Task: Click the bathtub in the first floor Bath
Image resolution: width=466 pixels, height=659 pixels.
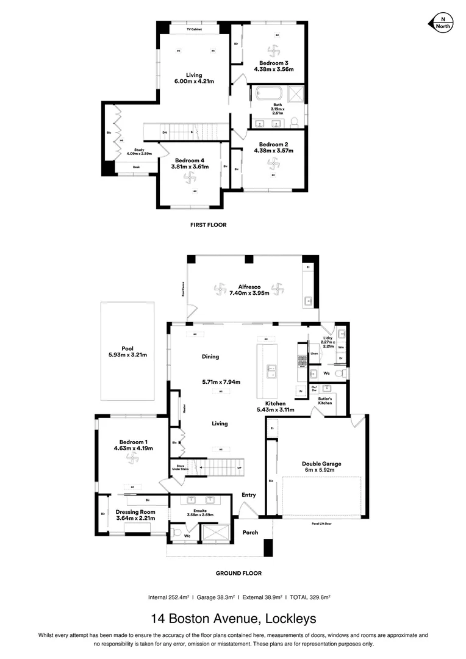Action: [x=268, y=95]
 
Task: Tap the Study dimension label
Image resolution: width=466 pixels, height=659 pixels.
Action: [x=139, y=153]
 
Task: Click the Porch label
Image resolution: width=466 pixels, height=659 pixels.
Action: [x=250, y=532]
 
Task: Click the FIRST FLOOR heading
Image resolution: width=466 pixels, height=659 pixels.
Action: [x=208, y=225]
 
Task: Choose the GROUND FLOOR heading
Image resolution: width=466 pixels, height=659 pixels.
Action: [x=238, y=573]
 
